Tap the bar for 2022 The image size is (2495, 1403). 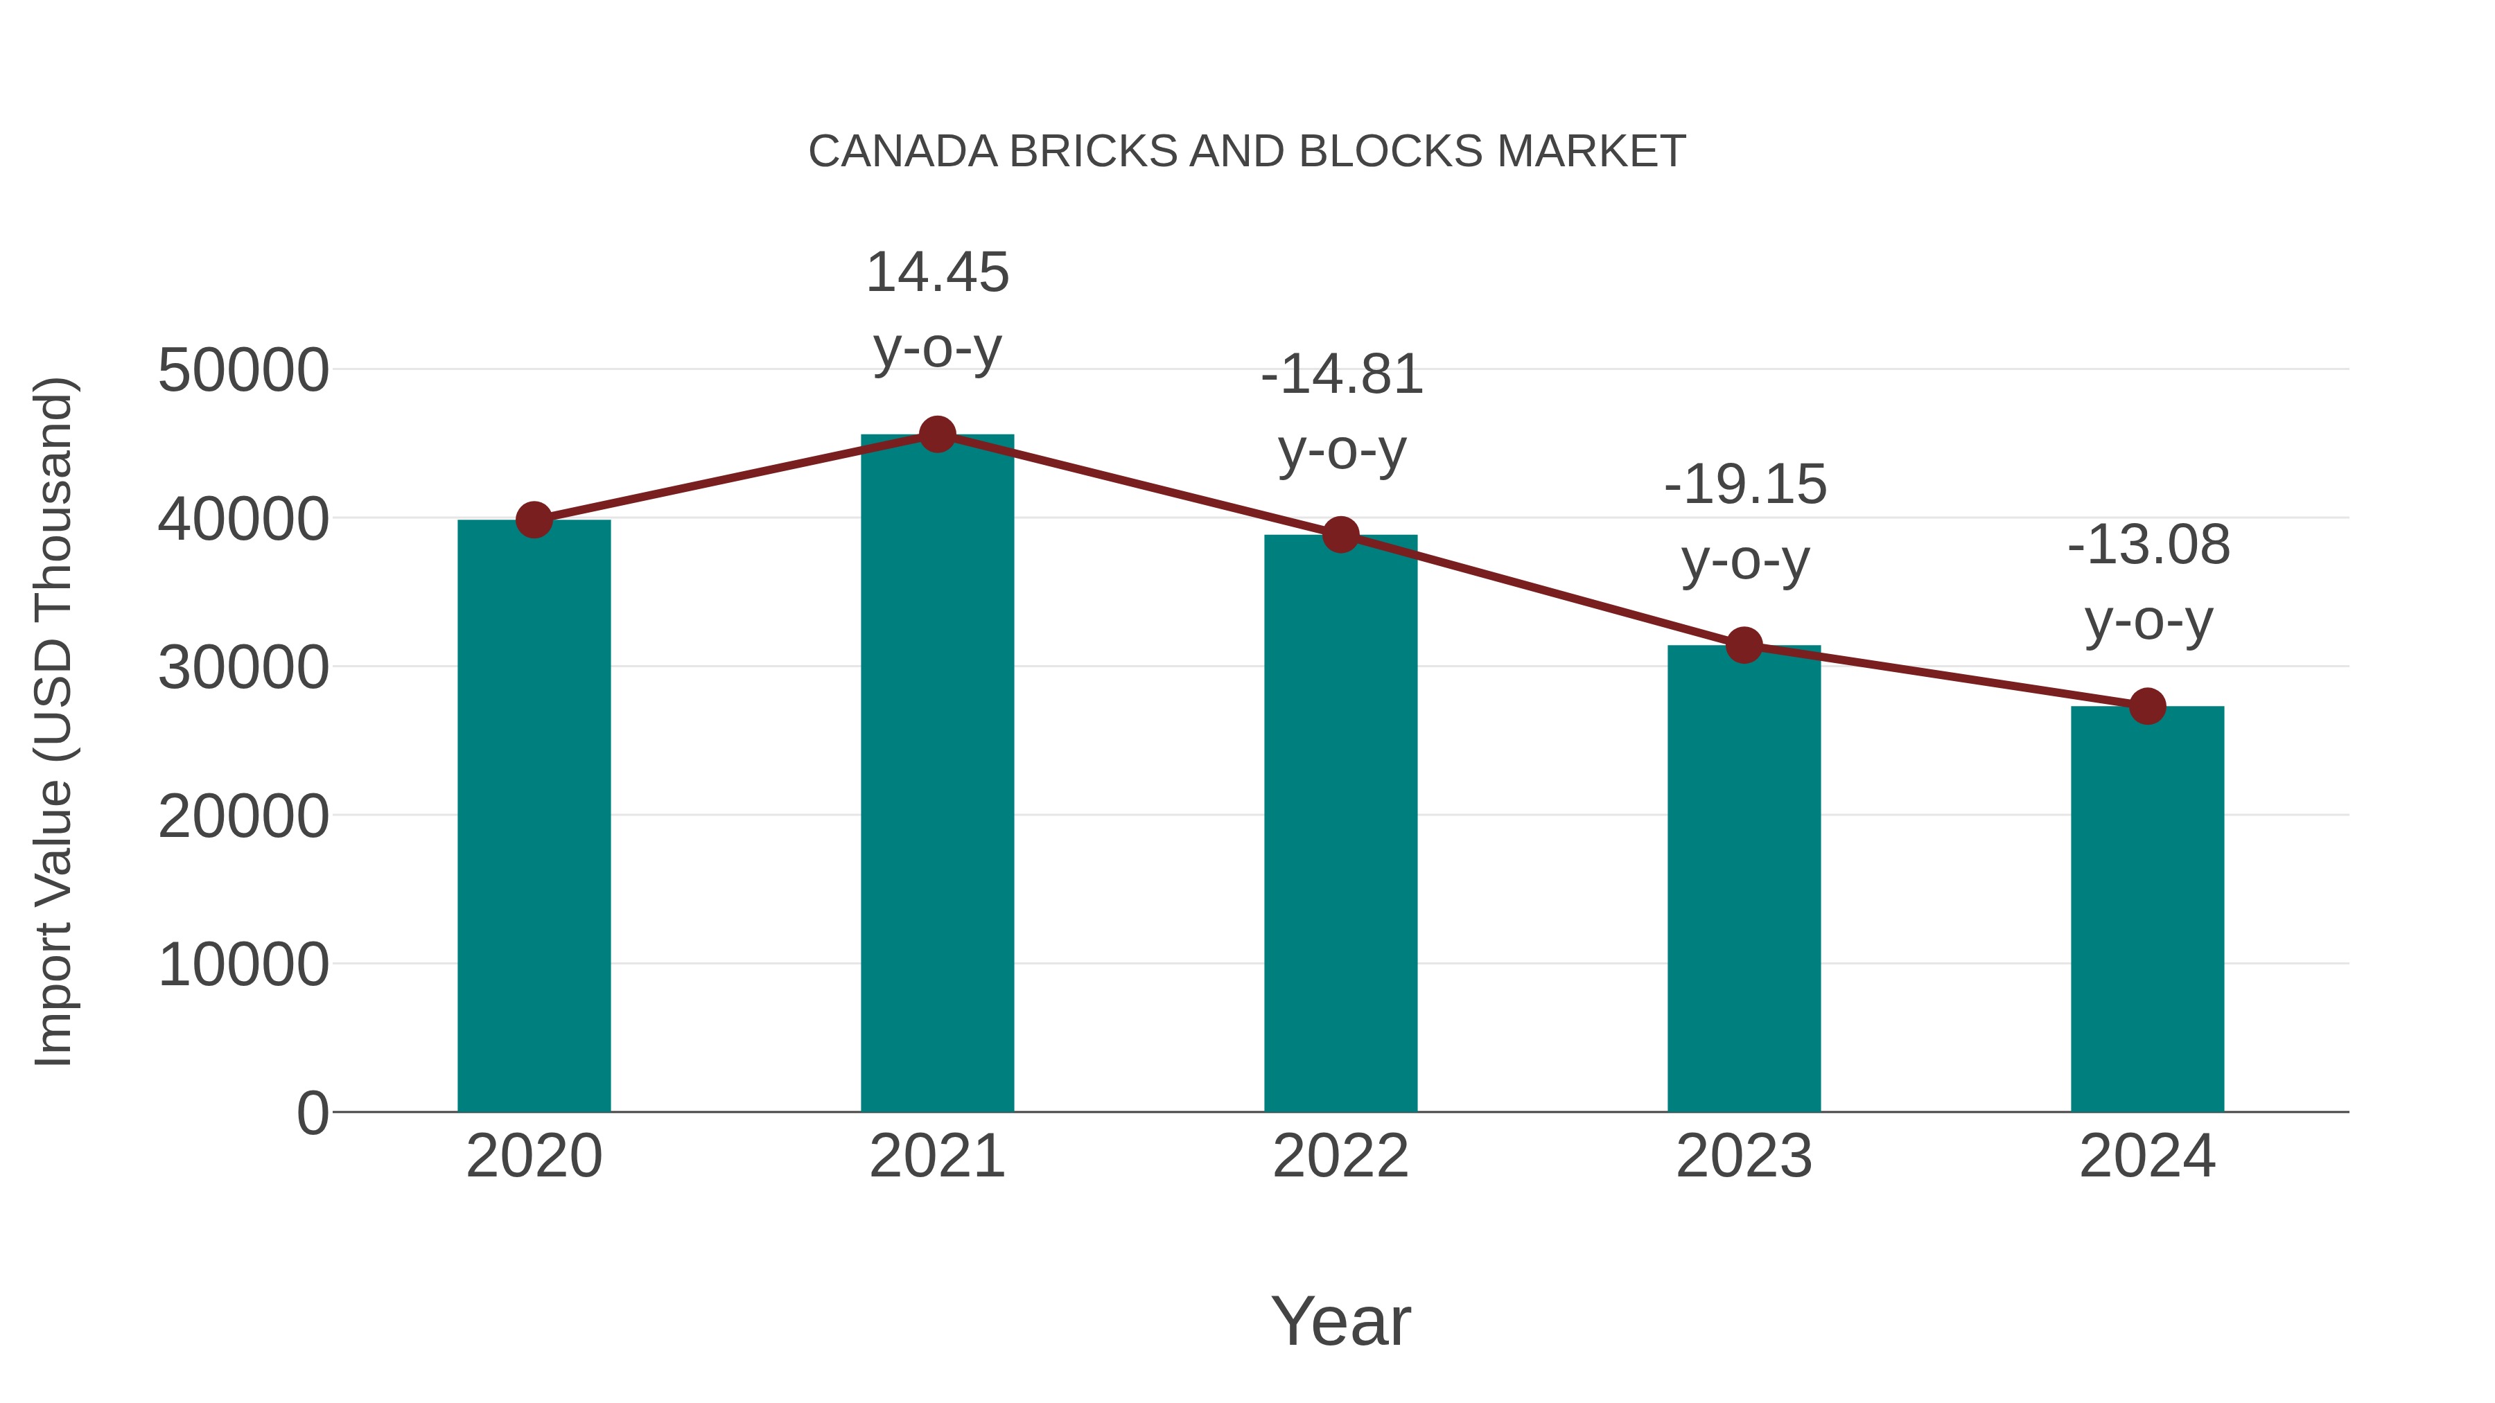click(1340, 823)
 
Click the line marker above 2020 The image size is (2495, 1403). click(534, 520)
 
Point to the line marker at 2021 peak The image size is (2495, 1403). click(936, 434)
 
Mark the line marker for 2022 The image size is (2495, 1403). click(1340, 534)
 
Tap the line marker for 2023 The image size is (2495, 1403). click(1744, 645)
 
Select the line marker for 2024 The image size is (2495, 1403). click(2147, 706)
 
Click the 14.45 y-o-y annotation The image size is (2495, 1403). click(936, 310)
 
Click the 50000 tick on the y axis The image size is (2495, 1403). click(243, 370)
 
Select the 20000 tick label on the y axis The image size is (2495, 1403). click(243, 816)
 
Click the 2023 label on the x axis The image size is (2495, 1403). click(1744, 1156)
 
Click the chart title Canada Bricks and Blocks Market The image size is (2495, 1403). click(1247, 151)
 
